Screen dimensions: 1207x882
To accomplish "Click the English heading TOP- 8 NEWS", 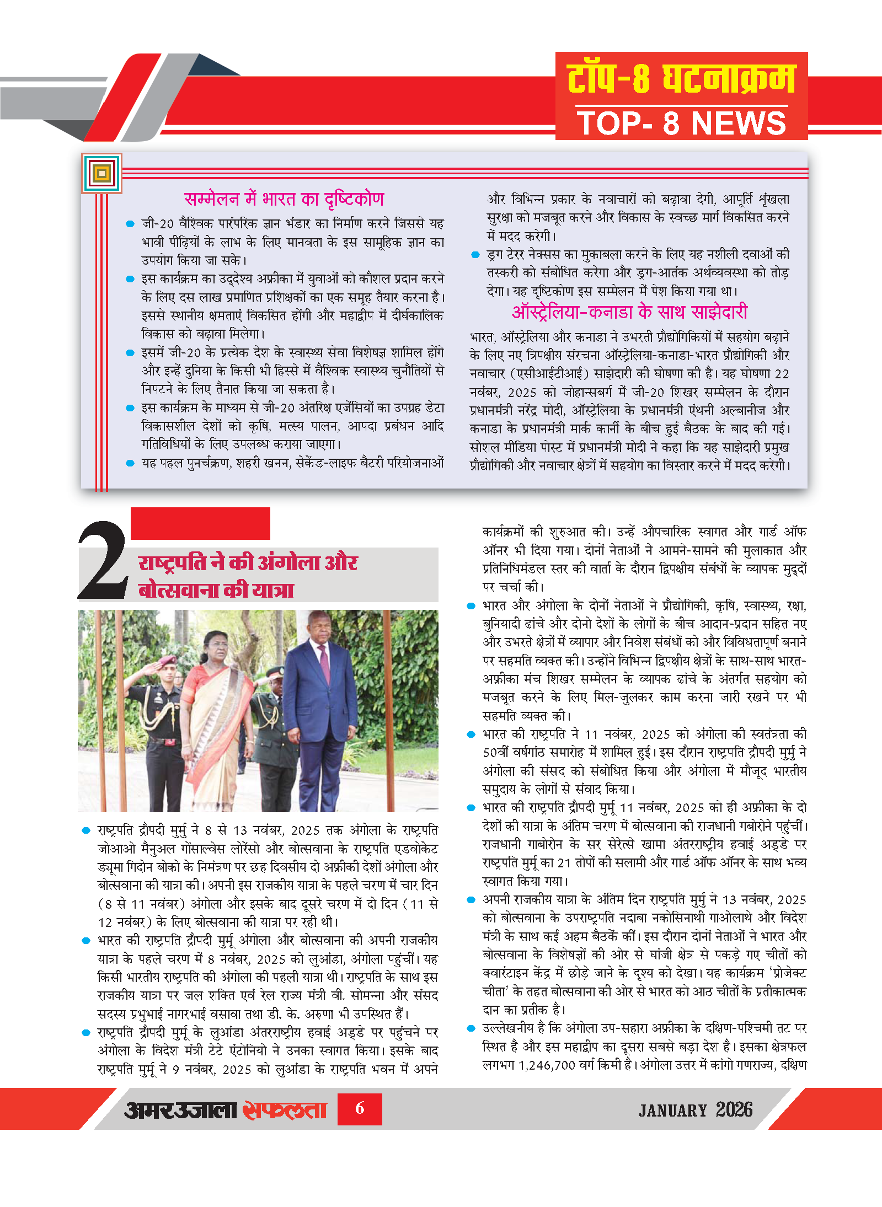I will (681, 123).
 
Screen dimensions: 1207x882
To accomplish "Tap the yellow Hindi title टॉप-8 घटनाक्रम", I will (681, 78).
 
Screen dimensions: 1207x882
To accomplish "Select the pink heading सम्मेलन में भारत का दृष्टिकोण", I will (284, 199).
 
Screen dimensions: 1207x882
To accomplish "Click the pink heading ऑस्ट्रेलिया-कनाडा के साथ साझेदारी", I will (629, 312).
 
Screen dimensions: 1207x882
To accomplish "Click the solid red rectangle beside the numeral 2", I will (200, 523).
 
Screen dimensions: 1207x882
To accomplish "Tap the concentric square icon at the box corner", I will (101, 173).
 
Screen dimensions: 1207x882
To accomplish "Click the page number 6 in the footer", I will (360, 1108).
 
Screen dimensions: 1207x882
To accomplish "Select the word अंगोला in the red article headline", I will (288, 563).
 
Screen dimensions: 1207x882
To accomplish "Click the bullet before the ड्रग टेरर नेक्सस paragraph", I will (475, 255).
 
